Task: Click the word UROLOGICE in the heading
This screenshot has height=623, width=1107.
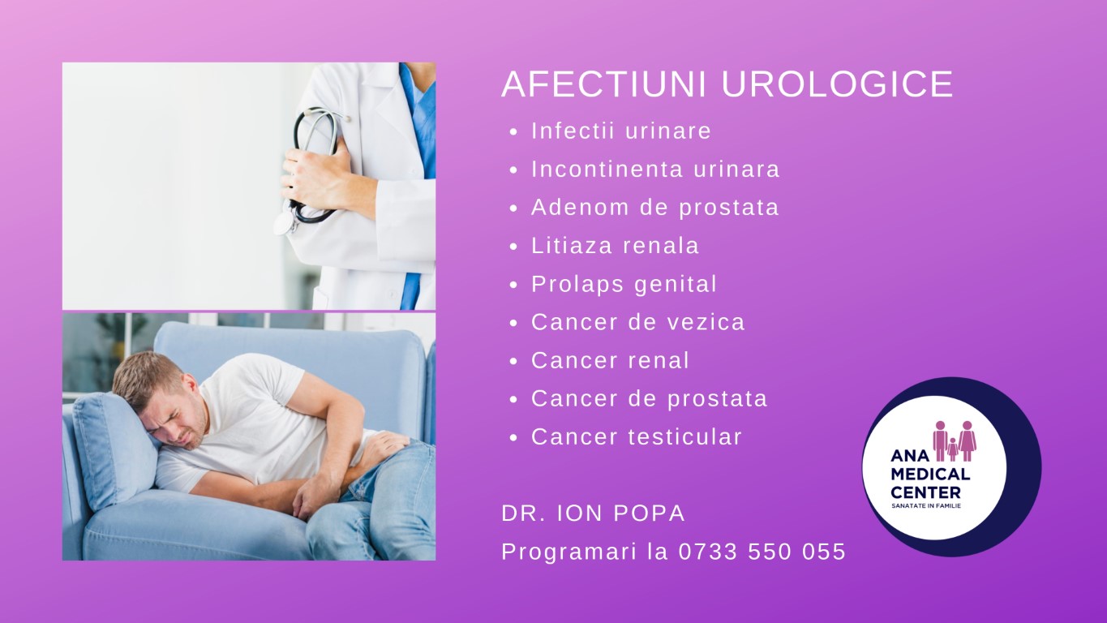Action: pyautogui.click(x=837, y=84)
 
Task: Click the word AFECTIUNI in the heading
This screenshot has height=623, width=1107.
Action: pyautogui.click(x=604, y=84)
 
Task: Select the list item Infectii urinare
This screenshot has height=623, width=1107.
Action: pyautogui.click(x=621, y=131)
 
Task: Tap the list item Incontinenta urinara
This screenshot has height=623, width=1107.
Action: pyautogui.click(x=655, y=169)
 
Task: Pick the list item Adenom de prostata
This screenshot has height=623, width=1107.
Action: pyautogui.click(x=654, y=208)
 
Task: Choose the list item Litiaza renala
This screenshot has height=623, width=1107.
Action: pyautogui.click(x=616, y=246)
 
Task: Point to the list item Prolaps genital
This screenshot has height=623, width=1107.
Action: pyautogui.click(x=624, y=284)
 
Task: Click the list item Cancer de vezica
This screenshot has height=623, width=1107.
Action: pyautogui.click(x=638, y=322)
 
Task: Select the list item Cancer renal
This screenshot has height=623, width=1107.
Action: pyautogui.click(x=610, y=360)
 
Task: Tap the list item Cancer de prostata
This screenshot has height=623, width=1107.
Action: pyautogui.click(x=650, y=399)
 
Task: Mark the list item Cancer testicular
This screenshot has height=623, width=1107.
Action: pyautogui.click(x=637, y=437)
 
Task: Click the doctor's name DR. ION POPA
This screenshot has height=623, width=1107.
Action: pyautogui.click(x=593, y=513)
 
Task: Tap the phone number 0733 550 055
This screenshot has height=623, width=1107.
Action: pyautogui.click(x=762, y=552)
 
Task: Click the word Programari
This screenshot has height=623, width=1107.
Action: pyautogui.click(x=569, y=552)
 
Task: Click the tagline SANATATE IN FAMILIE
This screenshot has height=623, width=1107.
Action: pyautogui.click(x=926, y=506)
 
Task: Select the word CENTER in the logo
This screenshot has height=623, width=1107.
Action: pyautogui.click(x=925, y=492)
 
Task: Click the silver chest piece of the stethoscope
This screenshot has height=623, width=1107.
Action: pyautogui.click(x=283, y=225)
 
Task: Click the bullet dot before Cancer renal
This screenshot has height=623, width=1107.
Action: pyautogui.click(x=513, y=362)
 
